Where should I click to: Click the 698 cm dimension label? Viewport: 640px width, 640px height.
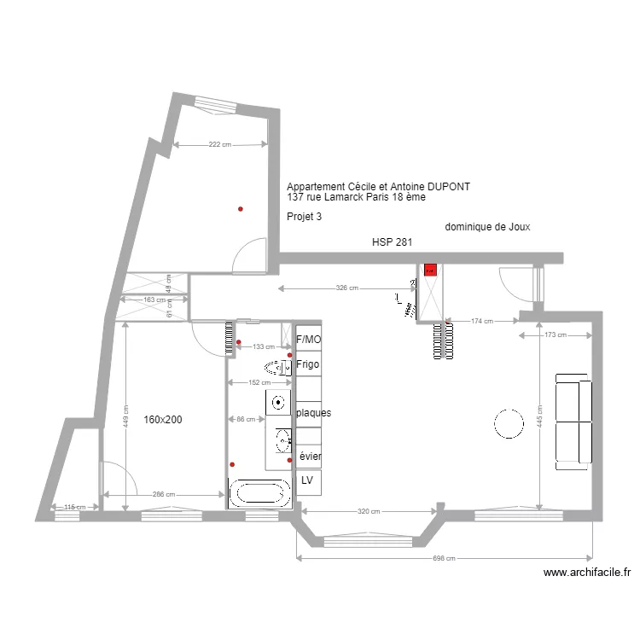click(x=445, y=559)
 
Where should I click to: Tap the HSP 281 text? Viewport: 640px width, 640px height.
click(x=392, y=242)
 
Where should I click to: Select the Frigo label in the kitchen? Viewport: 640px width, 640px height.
click(x=307, y=364)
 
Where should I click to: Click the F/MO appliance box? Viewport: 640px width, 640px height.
click(x=308, y=339)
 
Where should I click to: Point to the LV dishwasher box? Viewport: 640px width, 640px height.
click(x=307, y=481)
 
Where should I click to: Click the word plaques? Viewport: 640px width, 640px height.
click(x=313, y=413)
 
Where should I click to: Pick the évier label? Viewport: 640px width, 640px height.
click(x=311, y=457)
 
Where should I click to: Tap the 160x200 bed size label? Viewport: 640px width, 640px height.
click(x=163, y=420)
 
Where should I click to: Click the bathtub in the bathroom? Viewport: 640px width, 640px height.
click(x=259, y=493)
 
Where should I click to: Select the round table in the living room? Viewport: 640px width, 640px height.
click(x=509, y=423)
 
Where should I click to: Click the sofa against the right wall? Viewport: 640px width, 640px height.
click(x=573, y=421)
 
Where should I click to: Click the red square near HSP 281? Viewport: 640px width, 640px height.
click(x=430, y=270)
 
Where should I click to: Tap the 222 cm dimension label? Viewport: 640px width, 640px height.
click(x=220, y=145)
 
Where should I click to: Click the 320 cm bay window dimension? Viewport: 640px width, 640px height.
click(x=369, y=512)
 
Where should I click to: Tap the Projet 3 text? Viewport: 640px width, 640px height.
click(x=305, y=217)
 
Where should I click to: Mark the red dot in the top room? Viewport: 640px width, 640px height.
click(x=241, y=209)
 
